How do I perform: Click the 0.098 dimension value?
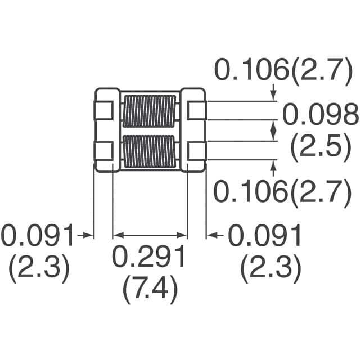pos(319,116)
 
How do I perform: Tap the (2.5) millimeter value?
pos(318,147)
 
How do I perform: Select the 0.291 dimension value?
pos(150,258)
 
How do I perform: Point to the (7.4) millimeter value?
pos(150,290)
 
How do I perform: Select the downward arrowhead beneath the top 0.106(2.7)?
pos(274,96)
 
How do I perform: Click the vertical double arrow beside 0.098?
pos(274,130)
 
